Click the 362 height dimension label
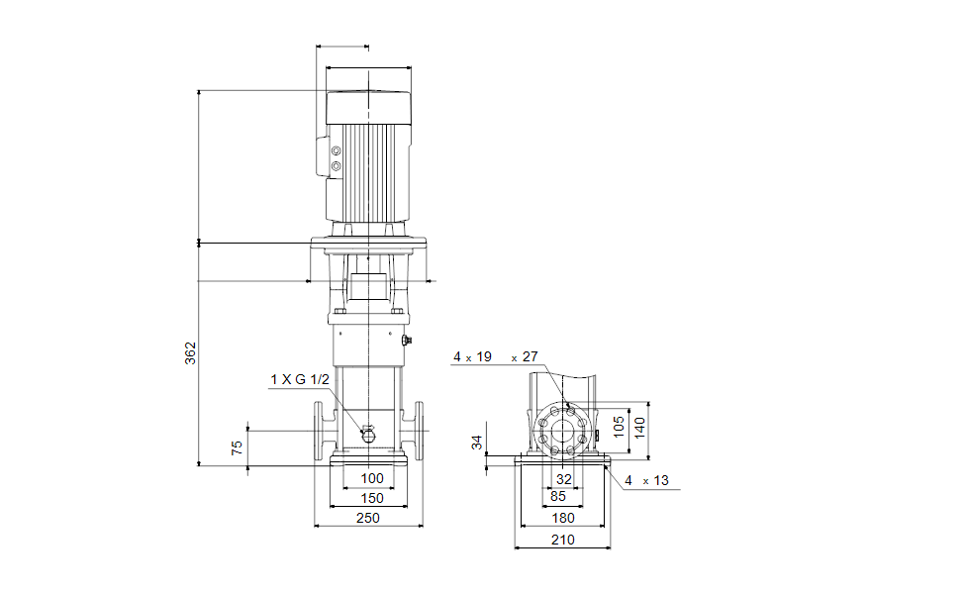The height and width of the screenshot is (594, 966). point(190,353)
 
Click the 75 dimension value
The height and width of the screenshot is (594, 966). point(238,447)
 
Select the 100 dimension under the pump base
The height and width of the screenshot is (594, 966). point(372,478)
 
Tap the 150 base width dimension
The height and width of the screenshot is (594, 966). point(372,498)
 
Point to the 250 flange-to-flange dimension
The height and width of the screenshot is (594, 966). point(368,518)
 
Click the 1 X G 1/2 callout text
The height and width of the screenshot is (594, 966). point(300,379)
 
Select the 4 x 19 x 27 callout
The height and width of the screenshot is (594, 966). point(496,356)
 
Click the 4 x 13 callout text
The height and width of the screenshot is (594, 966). point(646,480)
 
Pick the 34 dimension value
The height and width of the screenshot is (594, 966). point(477,443)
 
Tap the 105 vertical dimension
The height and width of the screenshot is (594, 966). point(620,427)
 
